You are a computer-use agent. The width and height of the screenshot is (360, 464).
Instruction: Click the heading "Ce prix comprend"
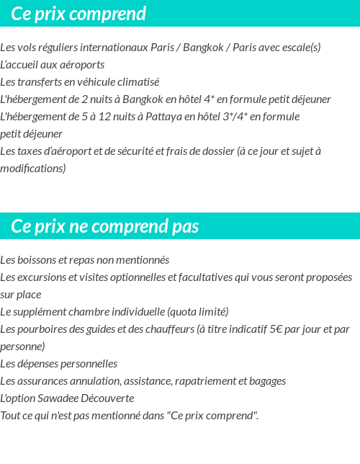(78, 14)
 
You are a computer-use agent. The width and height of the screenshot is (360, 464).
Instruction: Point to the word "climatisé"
(137, 81)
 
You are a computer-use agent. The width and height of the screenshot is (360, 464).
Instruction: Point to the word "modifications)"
(33, 168)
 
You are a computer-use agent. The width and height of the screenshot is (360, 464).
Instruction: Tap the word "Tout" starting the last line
(10, 415)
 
